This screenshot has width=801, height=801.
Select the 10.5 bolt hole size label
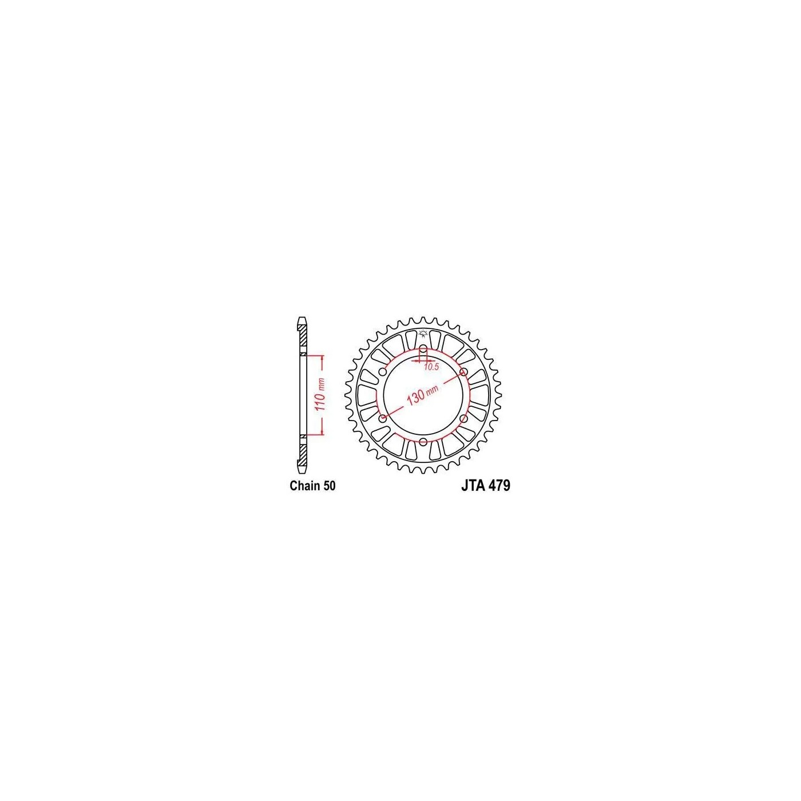[431, 367]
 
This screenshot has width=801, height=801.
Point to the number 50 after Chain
[329, 486]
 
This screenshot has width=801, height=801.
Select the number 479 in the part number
[499, 486]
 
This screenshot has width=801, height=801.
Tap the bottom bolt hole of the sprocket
[423, 441]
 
